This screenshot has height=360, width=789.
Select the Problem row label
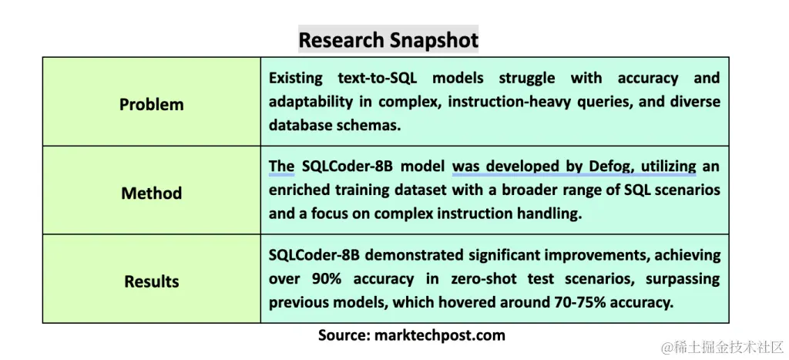pos(152,104)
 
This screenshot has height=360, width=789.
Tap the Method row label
pos(152,193)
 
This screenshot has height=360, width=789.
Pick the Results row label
pos(152,281)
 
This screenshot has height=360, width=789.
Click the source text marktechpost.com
pos(440,335)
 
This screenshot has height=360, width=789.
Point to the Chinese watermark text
pos(723,347)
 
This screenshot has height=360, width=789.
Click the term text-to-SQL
pos(378,78)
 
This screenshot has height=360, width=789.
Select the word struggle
pos(527,79)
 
